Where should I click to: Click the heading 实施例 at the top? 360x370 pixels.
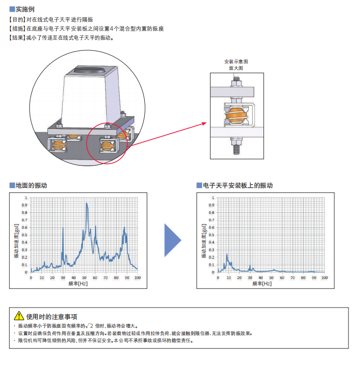[25, 9]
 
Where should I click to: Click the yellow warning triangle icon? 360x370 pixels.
[19, 316]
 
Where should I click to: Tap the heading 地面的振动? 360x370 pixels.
[31, 186]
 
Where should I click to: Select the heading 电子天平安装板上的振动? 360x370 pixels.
[237, 186]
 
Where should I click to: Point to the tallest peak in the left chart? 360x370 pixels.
[87, 203]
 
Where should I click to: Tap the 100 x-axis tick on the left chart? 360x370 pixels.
[137, 277]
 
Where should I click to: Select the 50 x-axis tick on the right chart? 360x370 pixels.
[271, 277]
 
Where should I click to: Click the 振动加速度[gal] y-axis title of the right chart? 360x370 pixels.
[205, 240]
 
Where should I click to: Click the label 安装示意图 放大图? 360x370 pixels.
[236, 64]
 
